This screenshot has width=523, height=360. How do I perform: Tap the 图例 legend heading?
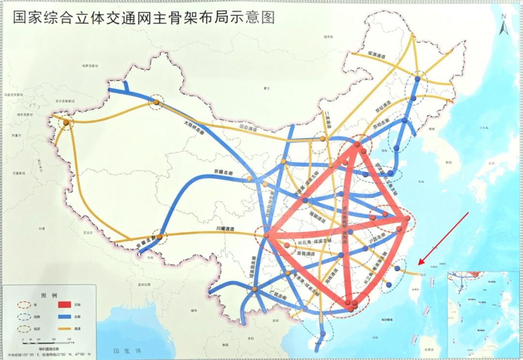pos(50,295)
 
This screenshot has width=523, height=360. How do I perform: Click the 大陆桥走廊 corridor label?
pos(194,129)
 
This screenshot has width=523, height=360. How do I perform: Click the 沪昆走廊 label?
pos(376,239)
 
